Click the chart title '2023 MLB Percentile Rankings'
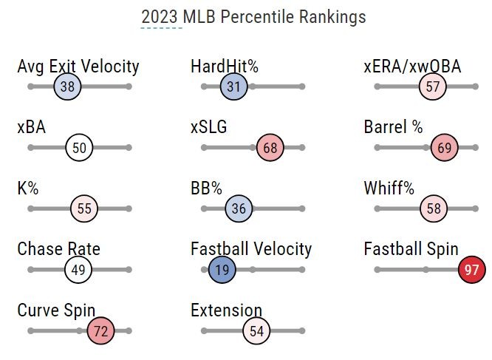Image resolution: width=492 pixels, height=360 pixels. (253, 16)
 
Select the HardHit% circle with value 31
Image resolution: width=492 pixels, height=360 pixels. (233, 87)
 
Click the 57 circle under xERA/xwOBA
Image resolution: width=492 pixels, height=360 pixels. (433, 87)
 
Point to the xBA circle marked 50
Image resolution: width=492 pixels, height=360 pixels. (79, 148)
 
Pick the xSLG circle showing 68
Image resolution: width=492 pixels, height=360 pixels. (270, 148)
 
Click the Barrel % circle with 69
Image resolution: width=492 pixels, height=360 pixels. (445, 148)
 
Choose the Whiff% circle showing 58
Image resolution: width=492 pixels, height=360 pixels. (434, 209)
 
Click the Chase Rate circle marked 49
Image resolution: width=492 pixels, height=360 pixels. (78, 270)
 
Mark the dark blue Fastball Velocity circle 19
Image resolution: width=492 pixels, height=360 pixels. (222, 270)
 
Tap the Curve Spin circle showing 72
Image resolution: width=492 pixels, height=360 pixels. (101, 331)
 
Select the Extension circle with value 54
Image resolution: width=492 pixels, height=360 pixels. (256, 331)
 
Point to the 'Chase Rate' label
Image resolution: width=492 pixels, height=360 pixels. (58, 249)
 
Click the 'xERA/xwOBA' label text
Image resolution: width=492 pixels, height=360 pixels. (412, 67)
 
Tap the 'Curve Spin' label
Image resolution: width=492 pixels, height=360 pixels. (56, 310)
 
